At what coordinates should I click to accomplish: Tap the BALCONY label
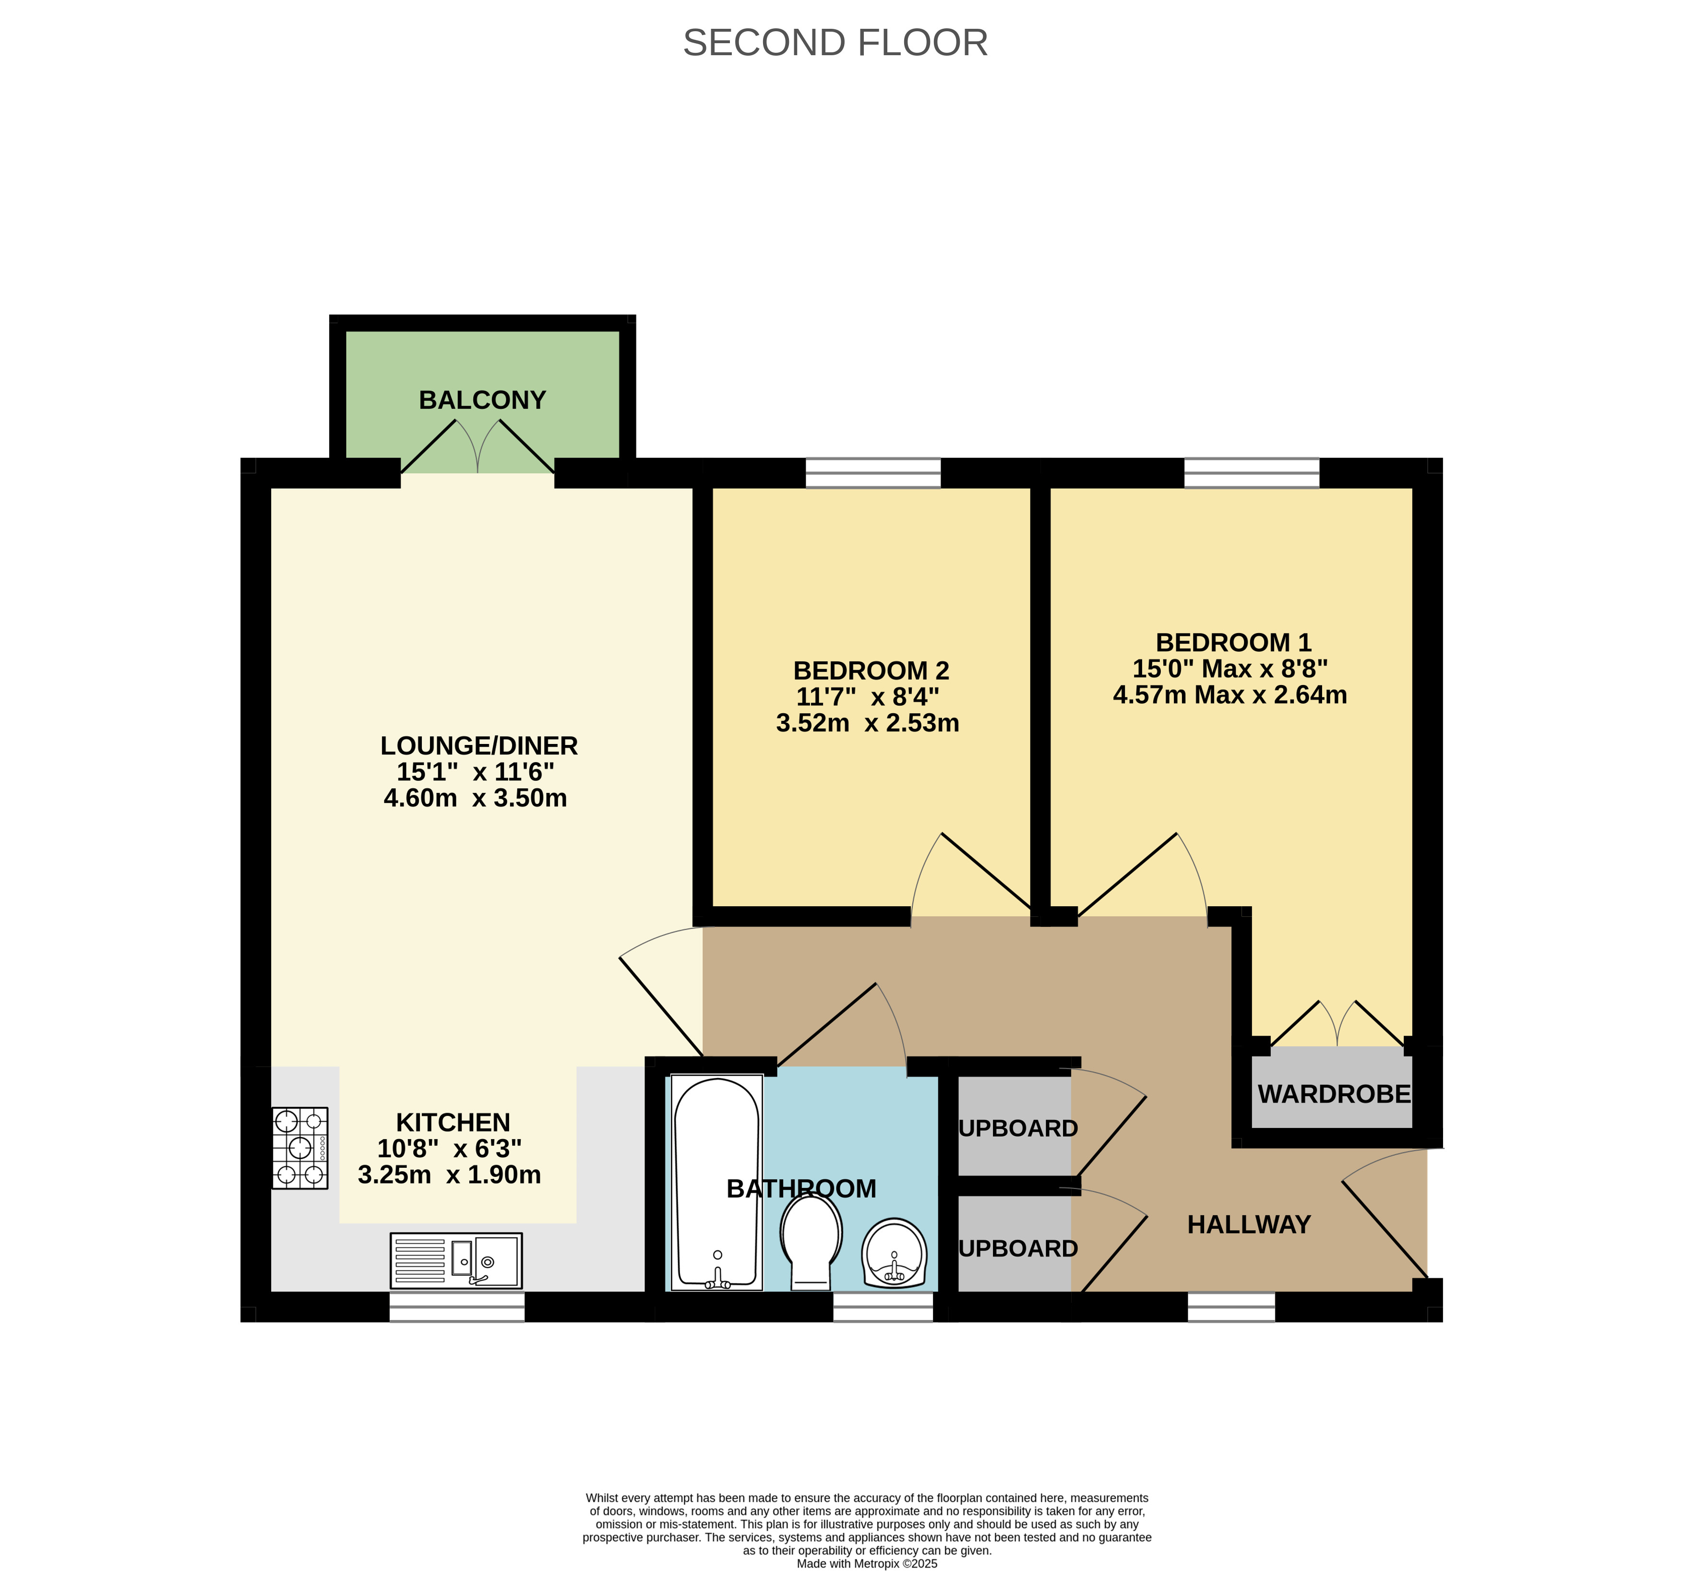pyautogui.click(x=483, y=400)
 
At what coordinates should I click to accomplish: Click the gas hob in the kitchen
pyautogui.click(x=299, y=1148)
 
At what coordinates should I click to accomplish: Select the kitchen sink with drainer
pyautogui.click(x=456, y=1260)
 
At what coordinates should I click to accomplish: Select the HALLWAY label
pyautogui.click(x=1249, y=1224)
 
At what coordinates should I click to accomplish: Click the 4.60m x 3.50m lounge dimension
pyautogui.click(x=475, y=798)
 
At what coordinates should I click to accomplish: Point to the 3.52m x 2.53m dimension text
pyautogui.click(x=868, y=722)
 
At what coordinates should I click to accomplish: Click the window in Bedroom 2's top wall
pyautogui.click(x=873, y=473)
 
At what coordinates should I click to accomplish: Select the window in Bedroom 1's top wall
pyautogui.click(x=1251, y=473)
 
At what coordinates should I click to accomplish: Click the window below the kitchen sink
pyautogui.click(x=457, y=1307)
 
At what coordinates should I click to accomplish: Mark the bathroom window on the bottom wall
pyautogui.click(x=883, y=1307)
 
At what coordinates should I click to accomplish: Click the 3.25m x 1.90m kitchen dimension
pyautogui.click(x=450, y=1175)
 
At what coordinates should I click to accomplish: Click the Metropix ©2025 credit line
pyautogui.click(x=867, y=1563)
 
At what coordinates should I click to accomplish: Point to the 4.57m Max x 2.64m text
pyautogui.click(x=1230, y=695)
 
